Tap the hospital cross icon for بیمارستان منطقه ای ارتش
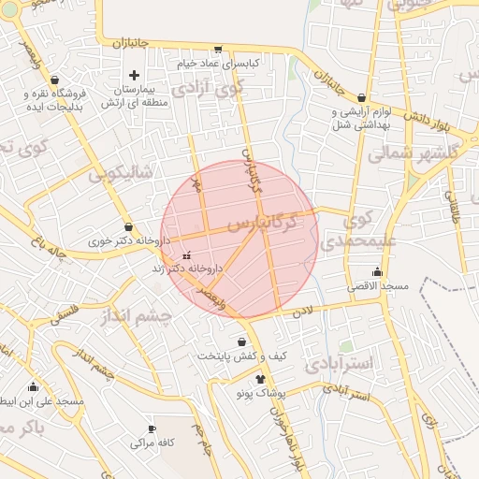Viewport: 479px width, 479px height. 134,75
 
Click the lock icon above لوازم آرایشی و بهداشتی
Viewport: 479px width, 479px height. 361,97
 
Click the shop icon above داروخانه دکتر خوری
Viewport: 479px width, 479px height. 128,227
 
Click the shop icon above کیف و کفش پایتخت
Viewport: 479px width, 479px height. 243,342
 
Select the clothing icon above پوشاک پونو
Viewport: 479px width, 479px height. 260,378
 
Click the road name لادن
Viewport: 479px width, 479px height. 303,312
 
